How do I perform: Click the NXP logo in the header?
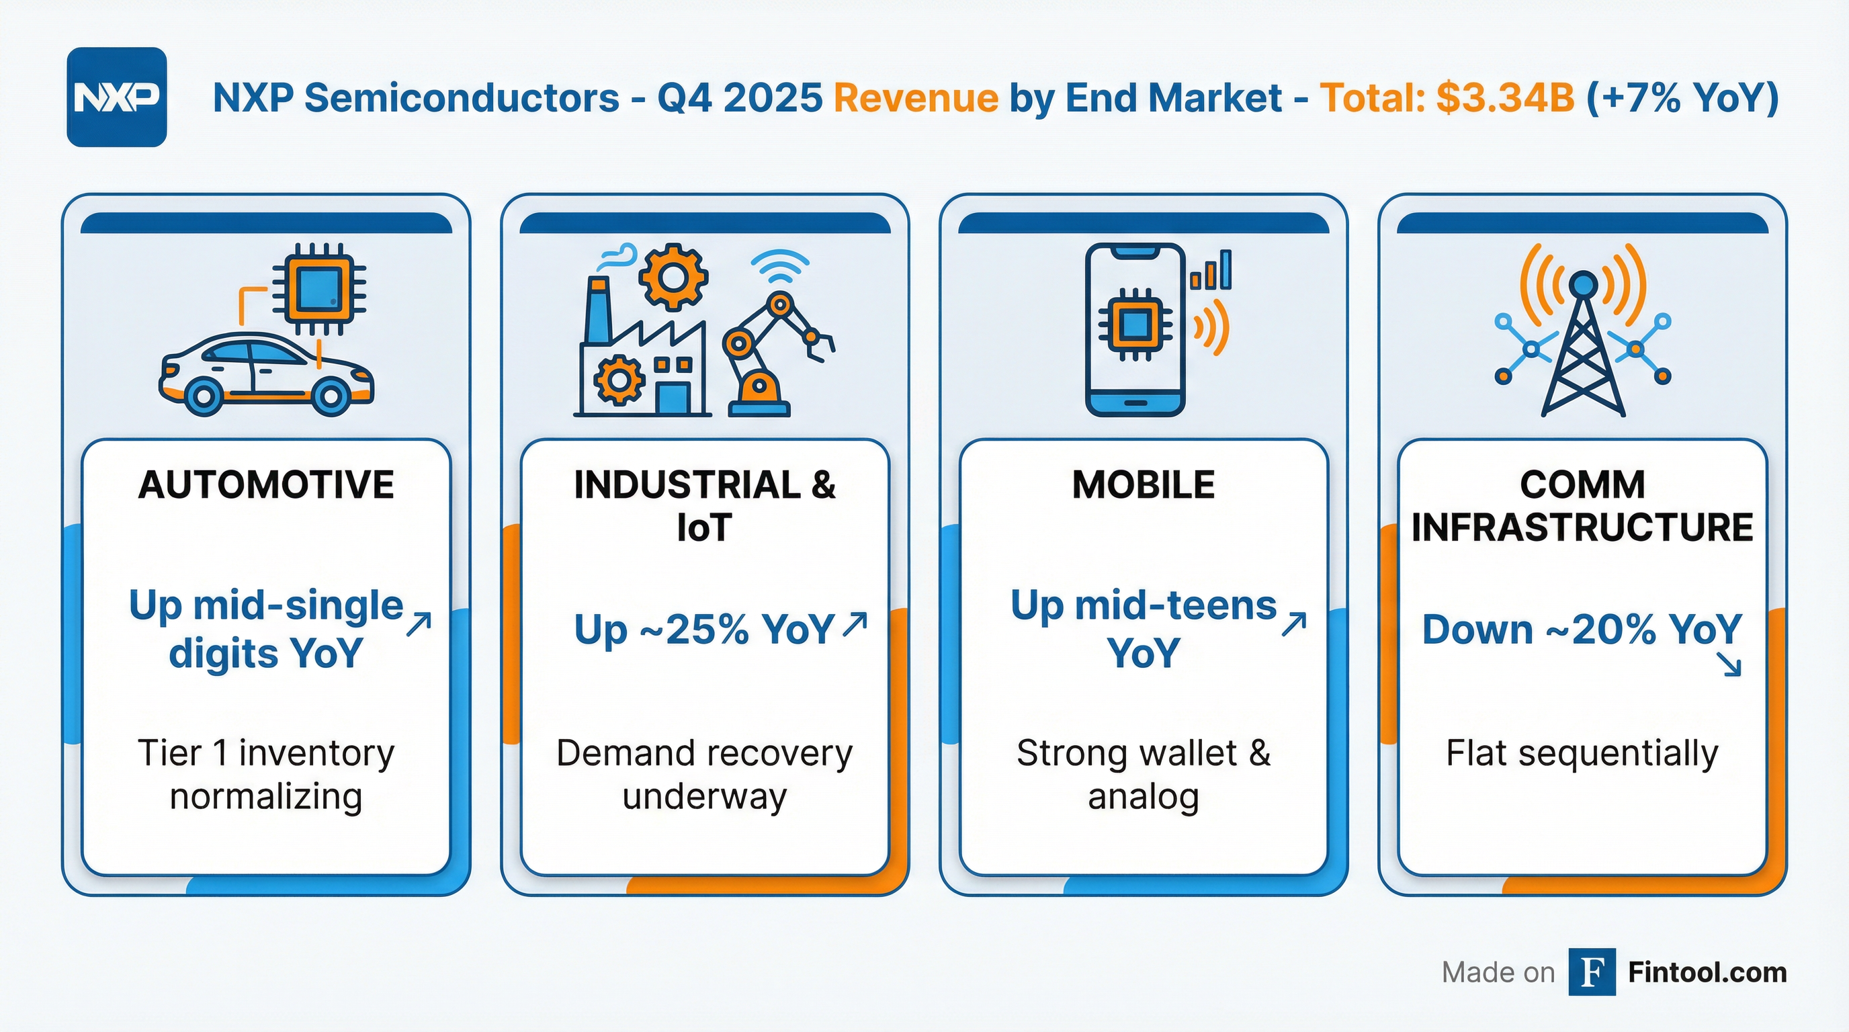pyautogui.click(x=116, y=97)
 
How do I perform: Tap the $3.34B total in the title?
pyautogui.click(x=1504, y=97)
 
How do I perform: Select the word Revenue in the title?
pyautogui.click(x=915, y=97)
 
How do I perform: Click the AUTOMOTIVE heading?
pyautogui.click(x=266, y=484)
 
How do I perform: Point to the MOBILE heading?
pyautogui.click(x=1144, y=484)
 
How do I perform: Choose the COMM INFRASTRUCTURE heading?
pyautogui.click(x=1582, y=506)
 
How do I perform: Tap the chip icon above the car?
pyautogui.click(x=318, y=288)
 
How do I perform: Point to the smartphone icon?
pyautogui.click(x=1135, y=330)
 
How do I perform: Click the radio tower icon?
pyautogui.click(x=1583, y=337)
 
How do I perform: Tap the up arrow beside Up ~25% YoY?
pyautogui.click(x=855, y=624)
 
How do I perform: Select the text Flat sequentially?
pyautogui.click(x=1582, y=754)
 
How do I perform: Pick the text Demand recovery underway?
pyautogui.click(x=704, y=775)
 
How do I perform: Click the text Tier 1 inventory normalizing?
pyautogui.click(x=266, y=775)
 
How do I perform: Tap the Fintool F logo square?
pyautogui.click(x=1592, y=972)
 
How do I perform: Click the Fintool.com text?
pyautogui.click(x=1707, y=972)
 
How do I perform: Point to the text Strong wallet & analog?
pyautogui.click(x=1144, y=775)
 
